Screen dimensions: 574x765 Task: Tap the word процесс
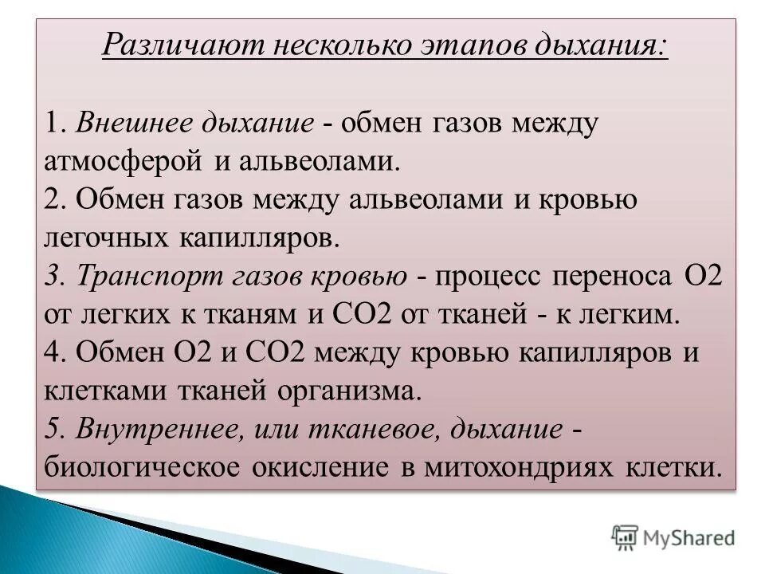click(x=492, y=277)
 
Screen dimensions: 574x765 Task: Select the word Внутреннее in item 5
click(x=160, y=430)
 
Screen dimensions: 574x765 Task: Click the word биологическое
click(x=141, y=468)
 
